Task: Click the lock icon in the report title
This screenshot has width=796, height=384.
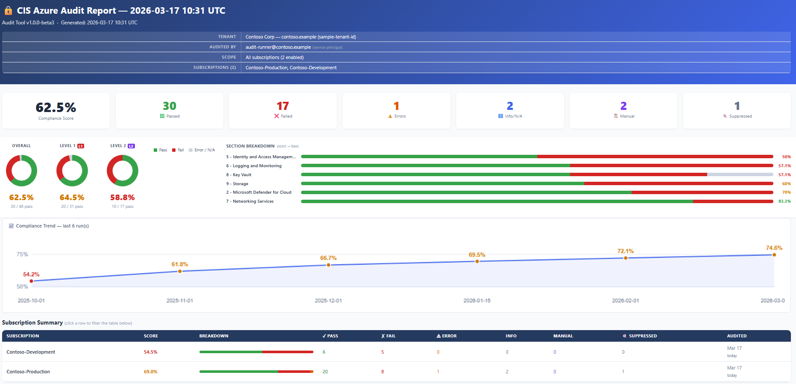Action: [8, 11]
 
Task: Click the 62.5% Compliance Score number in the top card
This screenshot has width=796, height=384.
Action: [56, 107]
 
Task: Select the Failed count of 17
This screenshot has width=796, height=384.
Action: [283, 106]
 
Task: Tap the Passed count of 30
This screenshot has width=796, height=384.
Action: [170, 106]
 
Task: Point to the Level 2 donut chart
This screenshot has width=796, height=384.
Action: [123, 171]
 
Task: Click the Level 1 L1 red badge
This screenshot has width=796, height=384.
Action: [81, 146]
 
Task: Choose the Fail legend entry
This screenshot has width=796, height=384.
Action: [178, 150]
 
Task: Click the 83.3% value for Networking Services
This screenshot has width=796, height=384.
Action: [784, 201]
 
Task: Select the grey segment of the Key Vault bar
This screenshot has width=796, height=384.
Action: [740, 174]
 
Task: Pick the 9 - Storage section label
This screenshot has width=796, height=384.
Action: [237, 184]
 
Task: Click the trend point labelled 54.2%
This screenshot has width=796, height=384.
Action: [32, 281]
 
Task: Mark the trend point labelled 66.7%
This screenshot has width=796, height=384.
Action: [328, 265]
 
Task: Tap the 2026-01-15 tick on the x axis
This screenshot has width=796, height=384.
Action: [477, 301]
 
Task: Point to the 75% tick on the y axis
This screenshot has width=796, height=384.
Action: [22, 254]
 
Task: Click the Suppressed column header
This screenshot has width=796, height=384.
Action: [642, 336]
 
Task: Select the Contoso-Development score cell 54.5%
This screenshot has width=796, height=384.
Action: [150, 352]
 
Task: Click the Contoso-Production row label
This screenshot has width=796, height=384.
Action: [28, 372]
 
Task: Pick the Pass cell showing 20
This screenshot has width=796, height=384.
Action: [325, 372]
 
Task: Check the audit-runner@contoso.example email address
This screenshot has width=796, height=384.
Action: [278, 47]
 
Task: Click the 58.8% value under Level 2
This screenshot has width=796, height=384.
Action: [123, 198]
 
